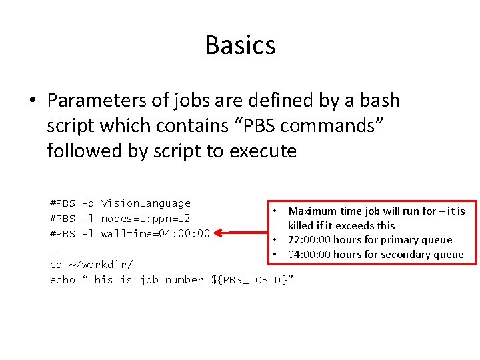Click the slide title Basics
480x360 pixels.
point(240,45)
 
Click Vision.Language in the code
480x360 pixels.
point(146,203)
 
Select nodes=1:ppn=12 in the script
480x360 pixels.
point(146,219)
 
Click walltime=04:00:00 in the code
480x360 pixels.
point(155,234)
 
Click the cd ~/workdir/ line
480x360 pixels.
point(92,265)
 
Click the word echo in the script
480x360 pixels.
point(63,280)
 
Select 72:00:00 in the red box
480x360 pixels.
point(309,240)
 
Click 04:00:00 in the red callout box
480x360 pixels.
point(309,255)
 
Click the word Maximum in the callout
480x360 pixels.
point(313,211)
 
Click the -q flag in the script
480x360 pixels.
point(88,204)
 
